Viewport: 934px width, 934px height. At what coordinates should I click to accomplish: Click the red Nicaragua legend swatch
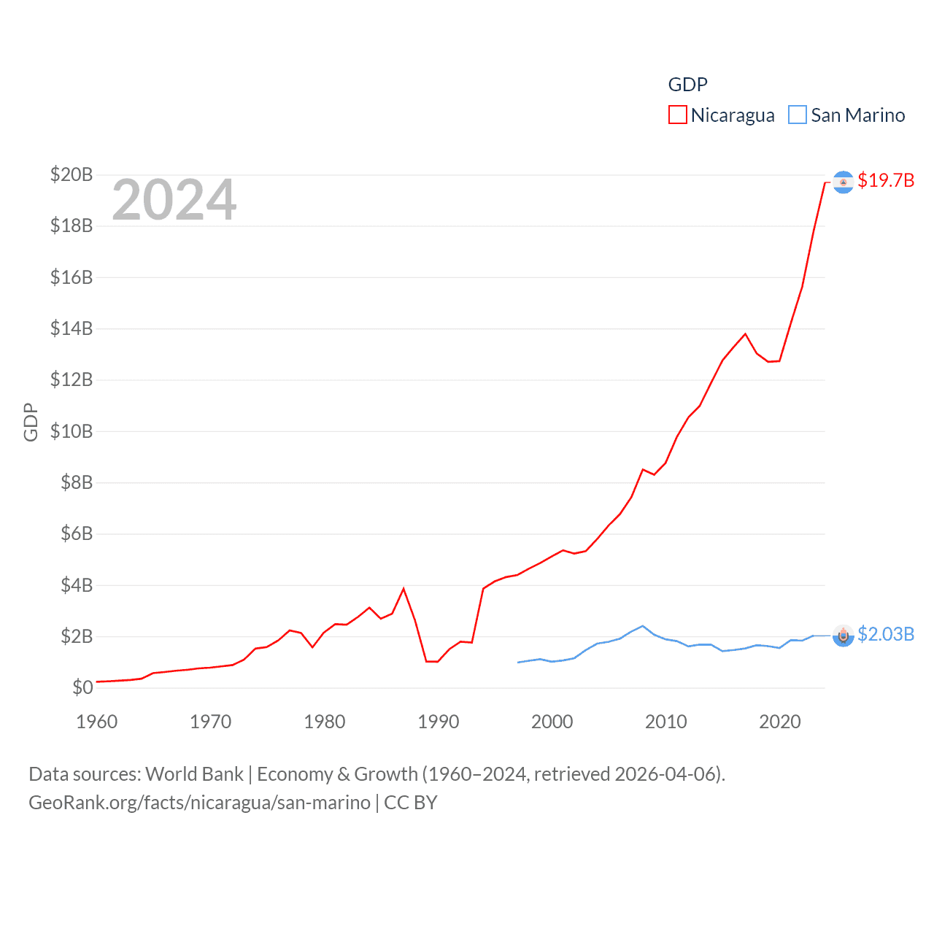click(677, 115)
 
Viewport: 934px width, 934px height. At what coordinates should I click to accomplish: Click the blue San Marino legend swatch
click(798, 115)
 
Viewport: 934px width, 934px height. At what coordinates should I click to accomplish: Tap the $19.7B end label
click(886, 180)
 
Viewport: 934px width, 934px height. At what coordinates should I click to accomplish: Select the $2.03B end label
click(886, 634)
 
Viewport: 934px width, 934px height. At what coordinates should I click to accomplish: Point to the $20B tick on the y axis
click(72, 174)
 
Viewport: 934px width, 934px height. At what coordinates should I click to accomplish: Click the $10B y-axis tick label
click(72, 431)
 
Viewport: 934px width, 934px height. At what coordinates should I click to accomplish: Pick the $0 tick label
click(82, 687)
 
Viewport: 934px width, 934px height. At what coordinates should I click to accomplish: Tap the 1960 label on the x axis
click(97, 722)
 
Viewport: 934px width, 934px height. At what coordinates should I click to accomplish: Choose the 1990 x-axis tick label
click(439, 722)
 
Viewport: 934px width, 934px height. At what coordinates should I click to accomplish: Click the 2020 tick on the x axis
click(780, 722)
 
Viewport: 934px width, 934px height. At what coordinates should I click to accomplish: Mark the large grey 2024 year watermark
click(174, 200)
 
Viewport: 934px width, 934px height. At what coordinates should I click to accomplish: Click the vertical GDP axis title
click(31, 422)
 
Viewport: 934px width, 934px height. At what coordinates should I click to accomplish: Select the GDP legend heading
click(687, 85)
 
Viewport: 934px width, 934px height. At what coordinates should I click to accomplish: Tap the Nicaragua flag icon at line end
click(843, 182)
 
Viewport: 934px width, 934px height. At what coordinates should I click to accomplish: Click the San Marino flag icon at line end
click(843, 636)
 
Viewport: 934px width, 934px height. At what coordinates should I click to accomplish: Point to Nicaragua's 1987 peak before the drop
click(404, 589)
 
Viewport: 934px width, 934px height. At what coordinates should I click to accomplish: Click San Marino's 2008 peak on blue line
click(642, 626)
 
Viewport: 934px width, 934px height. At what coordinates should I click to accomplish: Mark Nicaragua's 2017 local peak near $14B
click(745, 334)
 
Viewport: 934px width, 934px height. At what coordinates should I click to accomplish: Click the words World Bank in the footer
click(194, 774)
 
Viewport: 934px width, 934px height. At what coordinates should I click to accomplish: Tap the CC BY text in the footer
click(410, 803)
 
